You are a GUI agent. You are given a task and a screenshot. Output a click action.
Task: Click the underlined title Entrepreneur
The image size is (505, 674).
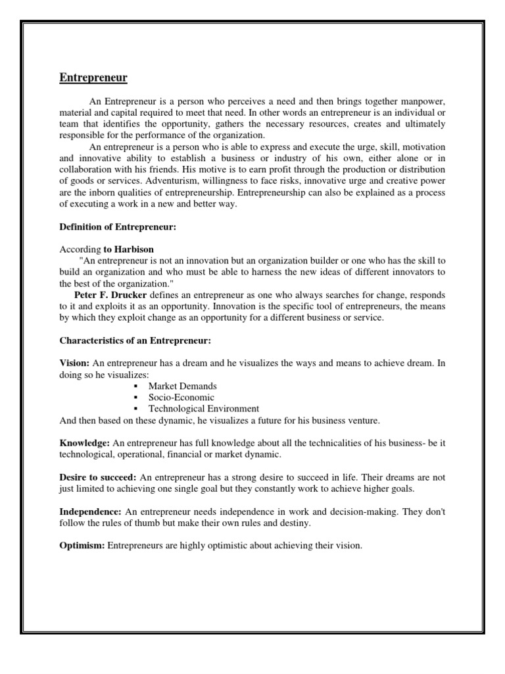[x=93, y=78]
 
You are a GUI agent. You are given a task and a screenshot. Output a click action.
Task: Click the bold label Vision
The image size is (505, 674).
[x=74, y=363]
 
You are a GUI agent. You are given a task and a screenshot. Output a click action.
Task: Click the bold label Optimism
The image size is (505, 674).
[x=82, y=546]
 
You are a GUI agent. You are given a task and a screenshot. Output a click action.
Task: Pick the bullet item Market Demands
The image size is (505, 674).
[x=182, y=386]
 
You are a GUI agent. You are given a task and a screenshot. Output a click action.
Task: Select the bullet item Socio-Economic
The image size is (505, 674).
[x=181, y=398]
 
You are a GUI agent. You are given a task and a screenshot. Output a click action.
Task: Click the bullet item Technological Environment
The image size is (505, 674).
[x=203, y=409]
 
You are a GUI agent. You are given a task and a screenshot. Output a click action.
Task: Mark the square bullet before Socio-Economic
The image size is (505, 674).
[x=135, y=398]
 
